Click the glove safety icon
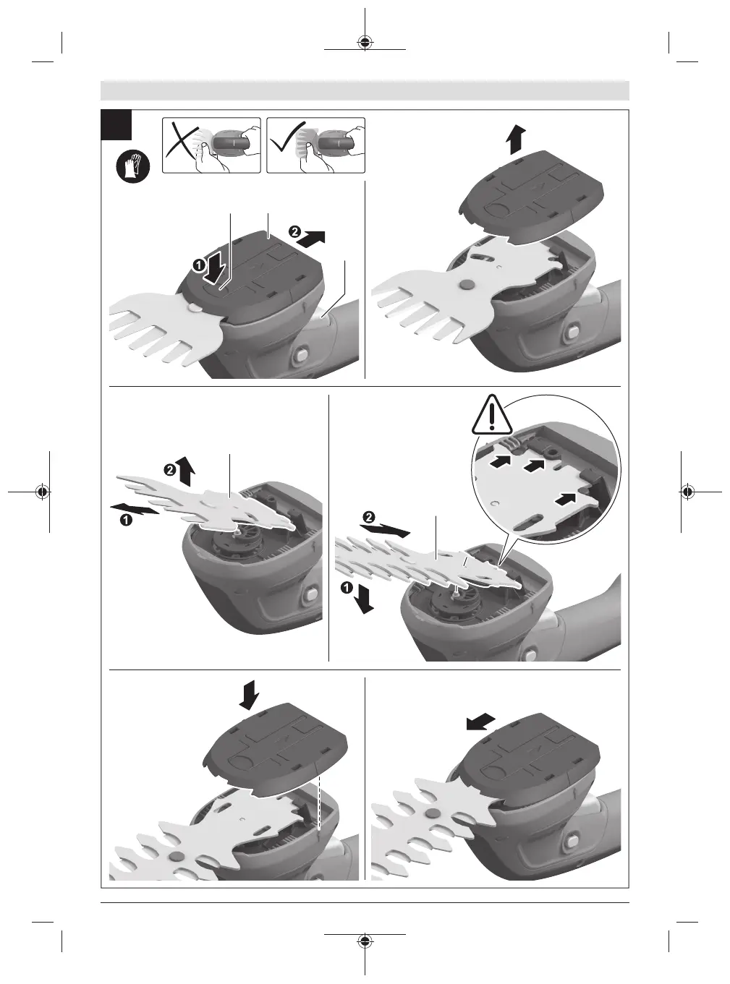(x=133, y=167)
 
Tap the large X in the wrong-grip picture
(x=182, y=141)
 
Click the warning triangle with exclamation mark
(x=492, y=414)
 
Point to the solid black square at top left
(x=116, y=124)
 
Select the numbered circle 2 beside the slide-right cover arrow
(x=294, y=231)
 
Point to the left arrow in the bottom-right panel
(x=480, y=722)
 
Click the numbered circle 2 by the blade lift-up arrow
(x=169, y=470)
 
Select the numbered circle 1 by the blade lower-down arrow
(x=347, y=589)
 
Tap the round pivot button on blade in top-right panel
(x=466, y=286)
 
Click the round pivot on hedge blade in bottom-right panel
(x=430, y=813)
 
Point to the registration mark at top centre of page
(x=365, y=42)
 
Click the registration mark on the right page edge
(x=687, y=492)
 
